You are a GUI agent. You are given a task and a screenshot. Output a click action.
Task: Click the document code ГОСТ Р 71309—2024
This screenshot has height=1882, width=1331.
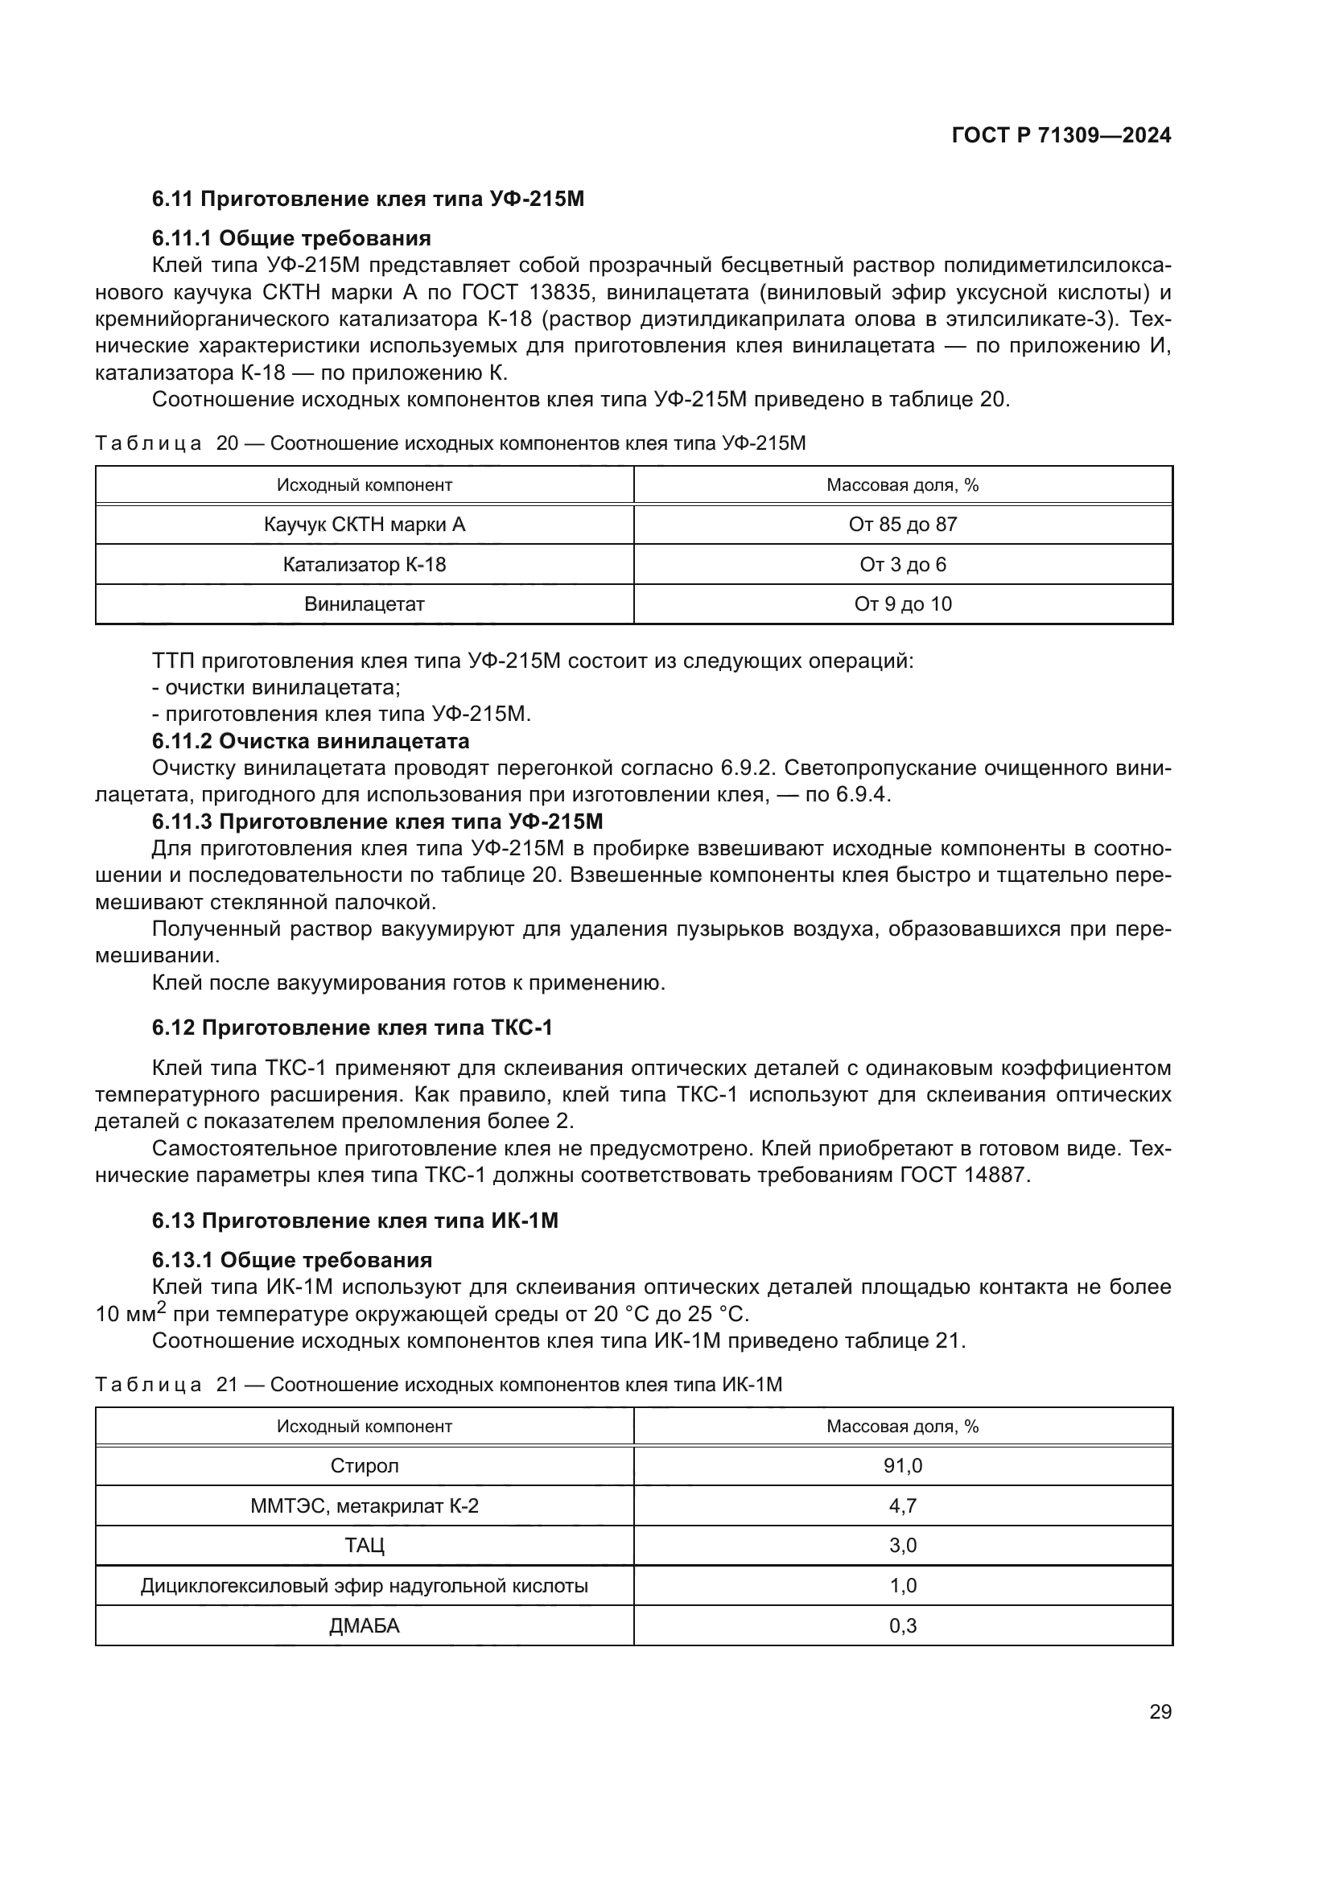[x=1061, y=135]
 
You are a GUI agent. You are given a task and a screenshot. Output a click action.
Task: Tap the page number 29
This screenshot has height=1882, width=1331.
[x=1160, y=1711]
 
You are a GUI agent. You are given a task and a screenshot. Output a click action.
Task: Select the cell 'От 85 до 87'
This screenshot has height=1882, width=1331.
[x=902, y=525]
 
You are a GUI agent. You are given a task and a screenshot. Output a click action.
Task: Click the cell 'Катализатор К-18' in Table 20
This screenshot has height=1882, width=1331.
[x=364, y=565]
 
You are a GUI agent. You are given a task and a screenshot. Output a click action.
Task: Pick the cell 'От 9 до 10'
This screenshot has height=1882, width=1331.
[x=902, y=604]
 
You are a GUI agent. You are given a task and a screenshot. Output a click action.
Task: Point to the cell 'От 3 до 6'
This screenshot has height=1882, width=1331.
[x=902, y=565]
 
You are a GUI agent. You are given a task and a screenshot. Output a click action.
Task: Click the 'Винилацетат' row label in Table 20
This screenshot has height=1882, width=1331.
[x=364, y=604]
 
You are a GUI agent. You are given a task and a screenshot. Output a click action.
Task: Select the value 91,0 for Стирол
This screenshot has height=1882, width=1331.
[x=902, y=1465]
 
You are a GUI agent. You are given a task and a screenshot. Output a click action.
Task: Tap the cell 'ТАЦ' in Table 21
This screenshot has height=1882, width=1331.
[x=364, y=1545]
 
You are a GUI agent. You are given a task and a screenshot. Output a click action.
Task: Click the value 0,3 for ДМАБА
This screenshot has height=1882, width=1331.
[x=902, y=1625]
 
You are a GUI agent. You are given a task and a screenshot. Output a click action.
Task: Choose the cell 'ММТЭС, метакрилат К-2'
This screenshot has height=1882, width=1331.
[x=364, y=1505]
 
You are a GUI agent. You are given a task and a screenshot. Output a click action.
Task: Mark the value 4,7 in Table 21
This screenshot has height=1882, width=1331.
[x=902, y=1505]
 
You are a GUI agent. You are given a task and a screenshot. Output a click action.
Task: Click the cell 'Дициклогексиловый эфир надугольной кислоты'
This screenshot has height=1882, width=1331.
[x=364, y=1585]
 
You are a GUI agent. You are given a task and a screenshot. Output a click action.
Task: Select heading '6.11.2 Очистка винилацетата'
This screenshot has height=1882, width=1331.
[x=311, y=741]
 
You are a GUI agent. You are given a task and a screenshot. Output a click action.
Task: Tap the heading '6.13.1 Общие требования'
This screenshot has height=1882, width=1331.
[x=292, y=1260]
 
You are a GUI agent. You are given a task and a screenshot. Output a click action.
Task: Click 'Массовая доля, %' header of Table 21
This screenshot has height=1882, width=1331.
[x=902, y=1427]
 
